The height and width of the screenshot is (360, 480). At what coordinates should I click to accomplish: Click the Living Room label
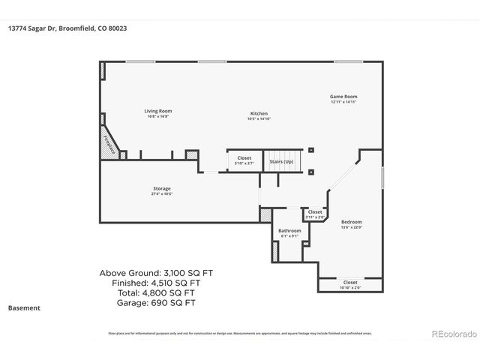157,111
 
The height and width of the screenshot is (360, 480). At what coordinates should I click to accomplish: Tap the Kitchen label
259,113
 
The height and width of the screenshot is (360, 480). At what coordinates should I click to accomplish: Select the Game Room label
343,96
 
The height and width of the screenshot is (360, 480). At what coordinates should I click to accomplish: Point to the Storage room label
162,188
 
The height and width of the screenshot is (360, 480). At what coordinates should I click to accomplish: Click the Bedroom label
351,221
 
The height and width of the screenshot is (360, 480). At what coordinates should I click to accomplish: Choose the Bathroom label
289,230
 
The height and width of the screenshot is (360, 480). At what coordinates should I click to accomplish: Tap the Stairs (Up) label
283,160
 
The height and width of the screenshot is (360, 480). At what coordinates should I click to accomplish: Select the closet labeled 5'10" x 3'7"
244,160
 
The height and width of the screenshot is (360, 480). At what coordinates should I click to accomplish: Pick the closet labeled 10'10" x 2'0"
350,284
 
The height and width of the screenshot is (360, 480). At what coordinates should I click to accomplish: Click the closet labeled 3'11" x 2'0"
315,214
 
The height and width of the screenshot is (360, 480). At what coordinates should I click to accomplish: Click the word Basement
24,308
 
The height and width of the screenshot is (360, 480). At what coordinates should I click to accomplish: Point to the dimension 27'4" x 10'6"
162,193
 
